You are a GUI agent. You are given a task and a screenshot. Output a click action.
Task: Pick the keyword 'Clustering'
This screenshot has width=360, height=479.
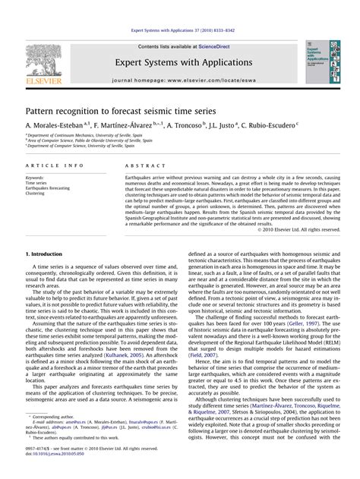point(36,194)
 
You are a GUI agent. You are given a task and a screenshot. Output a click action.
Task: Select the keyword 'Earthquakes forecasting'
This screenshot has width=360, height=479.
point(47,188)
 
